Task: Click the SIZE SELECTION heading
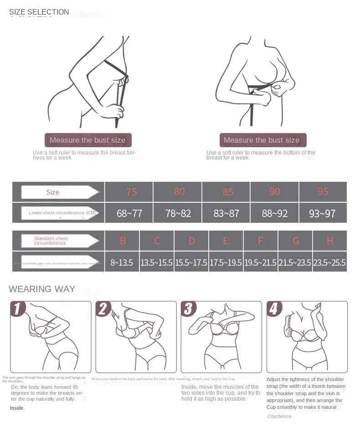[x=39, y=12]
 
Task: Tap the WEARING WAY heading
[x=42, y=289]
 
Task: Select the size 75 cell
[x=131, y=192]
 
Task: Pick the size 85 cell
[x=228, y=192]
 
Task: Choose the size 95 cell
[x=323, y=192]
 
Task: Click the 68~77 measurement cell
[x=129, y=213]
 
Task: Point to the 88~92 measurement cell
[x=274, y=213]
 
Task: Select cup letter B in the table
[x=123, y=241]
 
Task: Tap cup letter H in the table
[x=330, y=241]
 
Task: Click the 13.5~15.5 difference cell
[x=157, y=263]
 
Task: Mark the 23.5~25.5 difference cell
[x=329, y=263]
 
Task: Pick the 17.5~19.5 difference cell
[x=226, y=263]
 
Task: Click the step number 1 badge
[x=18, y=309]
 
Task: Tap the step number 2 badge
[x=103, y=309]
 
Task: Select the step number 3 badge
[x=188, y=309]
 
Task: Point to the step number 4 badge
[x=274, y=309]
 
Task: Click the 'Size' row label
[x=53, y=192]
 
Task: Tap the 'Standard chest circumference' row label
[x=51, y=241]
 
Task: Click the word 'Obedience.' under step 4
[x=280, y=416]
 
